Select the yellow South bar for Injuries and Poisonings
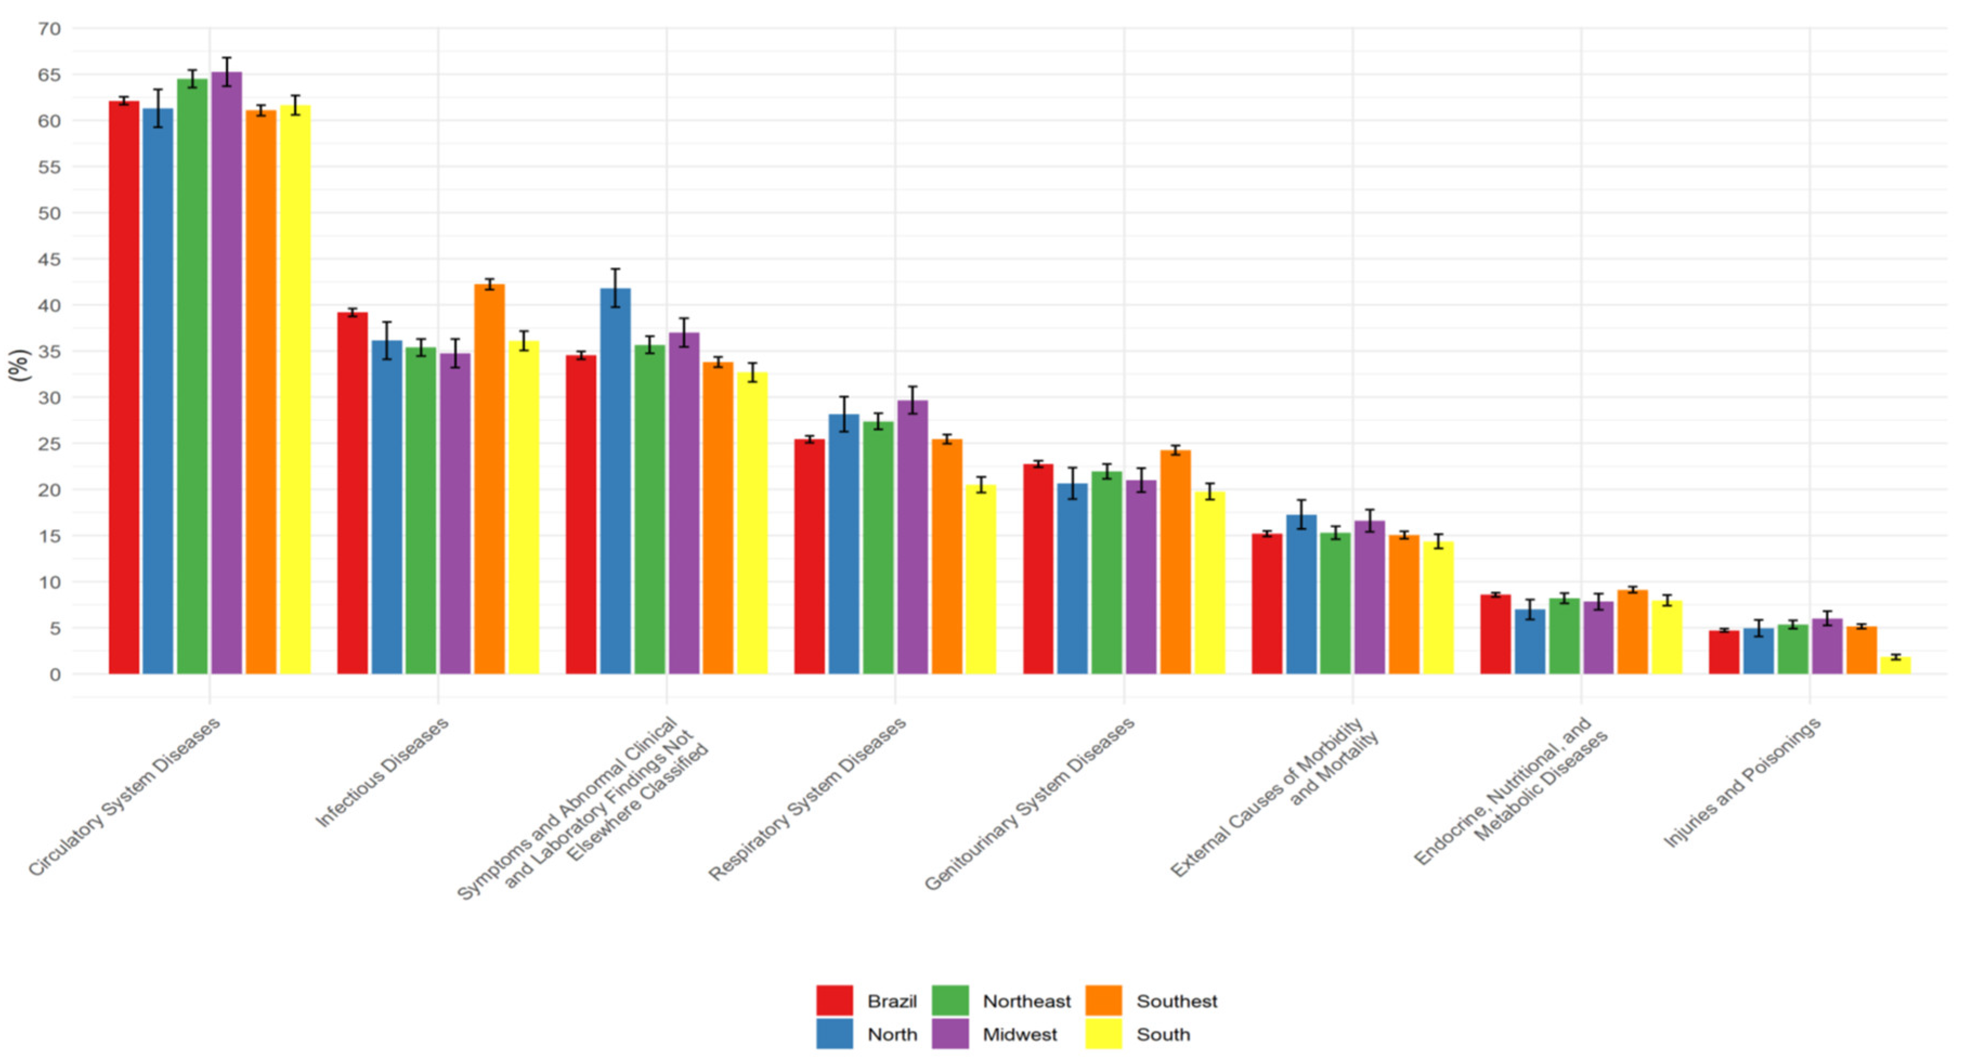point(1896,666)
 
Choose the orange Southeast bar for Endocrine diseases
point(1633,632)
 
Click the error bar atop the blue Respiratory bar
point(844,414)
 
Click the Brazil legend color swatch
point(834,1000)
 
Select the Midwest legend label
point(1020,1035)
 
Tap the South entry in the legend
point(1163,1035)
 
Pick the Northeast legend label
point(1026,1001)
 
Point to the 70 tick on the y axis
point(50,29)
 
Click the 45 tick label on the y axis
point(50,260)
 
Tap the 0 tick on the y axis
point(55,675)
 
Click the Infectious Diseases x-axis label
point(382,772)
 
